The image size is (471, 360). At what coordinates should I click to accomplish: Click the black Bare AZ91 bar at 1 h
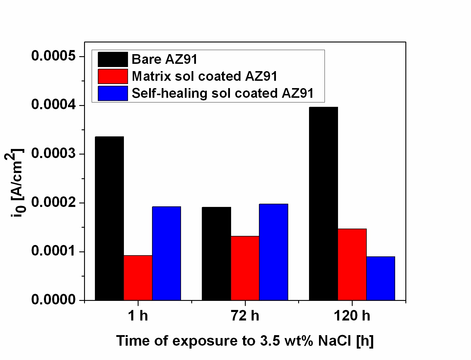(x=110, y=218)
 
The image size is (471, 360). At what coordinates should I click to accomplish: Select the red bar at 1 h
(x=138, y=278)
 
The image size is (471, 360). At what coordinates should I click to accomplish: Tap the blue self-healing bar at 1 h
(x=166, y=253)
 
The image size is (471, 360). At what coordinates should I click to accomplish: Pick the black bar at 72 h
(x=216, y=254)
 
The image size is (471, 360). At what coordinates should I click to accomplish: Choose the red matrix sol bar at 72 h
(x=245, y=268)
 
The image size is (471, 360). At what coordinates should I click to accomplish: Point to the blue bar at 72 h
(x=274, y=252)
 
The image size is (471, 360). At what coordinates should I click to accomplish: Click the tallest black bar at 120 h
(x=323, y=203)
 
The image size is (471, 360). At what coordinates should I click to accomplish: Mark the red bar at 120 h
(x=352, y=265)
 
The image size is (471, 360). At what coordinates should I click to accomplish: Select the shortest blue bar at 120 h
(x=381, y=278)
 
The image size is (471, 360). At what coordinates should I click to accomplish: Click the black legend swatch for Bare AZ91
(x=113, y=59)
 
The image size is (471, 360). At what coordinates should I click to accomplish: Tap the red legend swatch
(x=113, y=76)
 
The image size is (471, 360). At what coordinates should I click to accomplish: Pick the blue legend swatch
(x=113, y=93)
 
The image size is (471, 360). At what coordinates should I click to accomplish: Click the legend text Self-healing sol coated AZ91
(x=223, y=93)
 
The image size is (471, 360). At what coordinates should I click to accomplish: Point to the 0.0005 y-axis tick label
(x=53, y=56)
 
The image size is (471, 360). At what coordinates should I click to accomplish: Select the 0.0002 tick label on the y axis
(x=53, y=202)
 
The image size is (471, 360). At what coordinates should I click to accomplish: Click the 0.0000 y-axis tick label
(x=53, y=299)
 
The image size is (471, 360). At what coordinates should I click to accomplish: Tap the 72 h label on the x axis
(x=245, y=316)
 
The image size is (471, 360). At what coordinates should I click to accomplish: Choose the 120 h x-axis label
(x=352, y=316)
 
